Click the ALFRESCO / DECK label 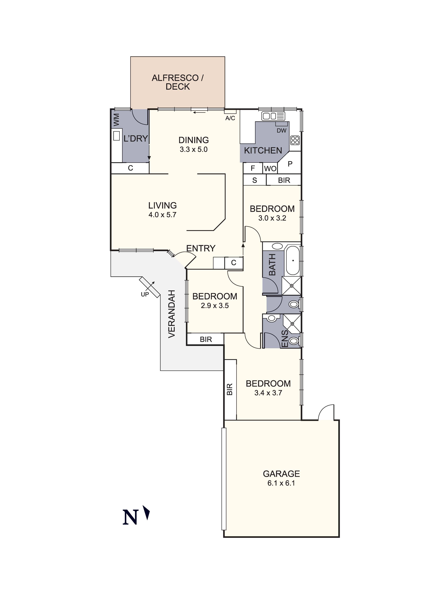click(x=178, y=82)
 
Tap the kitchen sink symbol click(x=273, y=116)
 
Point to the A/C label click(x=230, y=118)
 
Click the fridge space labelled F click(x=253, y=168)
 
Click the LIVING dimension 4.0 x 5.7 click(x=162, y=215)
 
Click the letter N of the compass click(x=130, y=517)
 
